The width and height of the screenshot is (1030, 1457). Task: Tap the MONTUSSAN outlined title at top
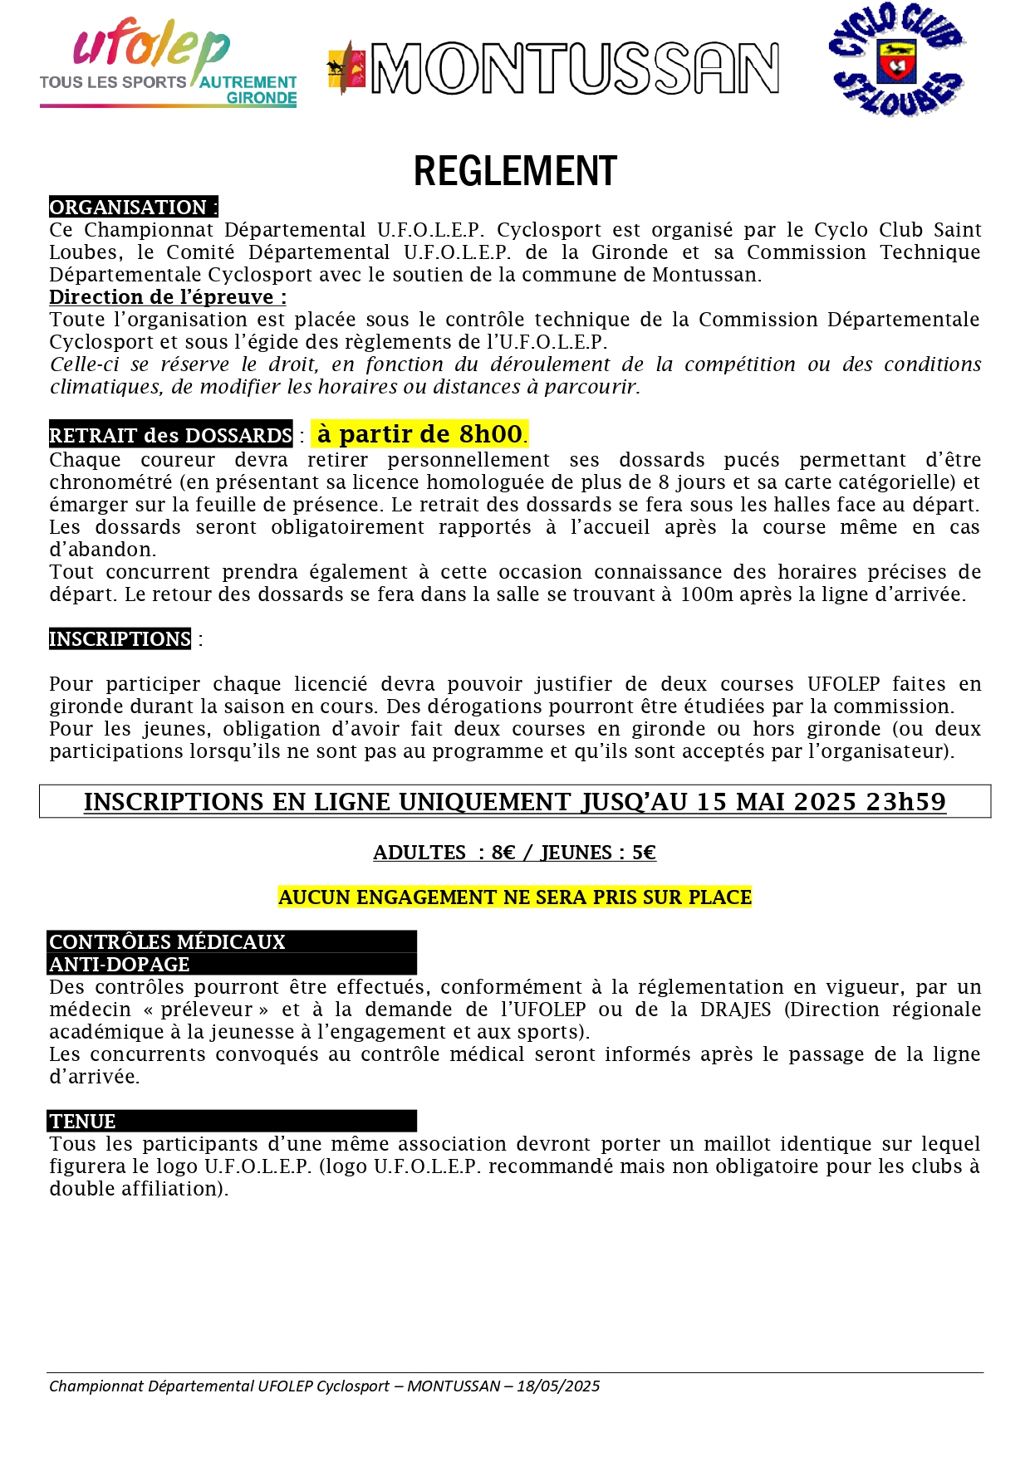click(574, 69)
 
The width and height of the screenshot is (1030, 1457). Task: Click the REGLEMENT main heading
click(515, 172)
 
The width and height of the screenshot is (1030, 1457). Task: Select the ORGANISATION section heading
click(133, 207)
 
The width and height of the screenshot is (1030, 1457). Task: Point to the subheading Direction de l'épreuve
click(167, 297)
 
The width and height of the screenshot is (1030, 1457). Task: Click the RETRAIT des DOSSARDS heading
click(170, 435)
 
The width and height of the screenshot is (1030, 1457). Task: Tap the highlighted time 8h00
click(490, 433)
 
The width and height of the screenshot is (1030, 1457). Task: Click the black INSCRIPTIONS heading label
click(120, 639)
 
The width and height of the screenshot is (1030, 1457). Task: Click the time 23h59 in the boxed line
click(905, 802)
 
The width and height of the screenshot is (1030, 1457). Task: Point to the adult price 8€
click(503, 853)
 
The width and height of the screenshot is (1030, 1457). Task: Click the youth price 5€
click(644, 853)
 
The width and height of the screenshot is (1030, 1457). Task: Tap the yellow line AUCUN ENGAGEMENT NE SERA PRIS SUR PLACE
click(515, 897)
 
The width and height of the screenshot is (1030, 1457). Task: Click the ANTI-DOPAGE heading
click(120, 965)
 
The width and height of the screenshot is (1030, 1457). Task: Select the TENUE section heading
click(82, 1122)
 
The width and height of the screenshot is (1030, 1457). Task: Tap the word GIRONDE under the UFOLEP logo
click(262, 98)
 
